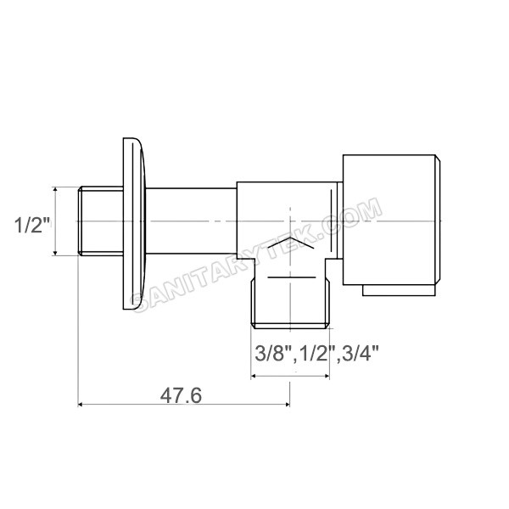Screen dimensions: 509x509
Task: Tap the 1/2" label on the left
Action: tap(33, 225)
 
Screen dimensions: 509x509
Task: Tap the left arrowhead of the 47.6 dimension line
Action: tap(81, 404)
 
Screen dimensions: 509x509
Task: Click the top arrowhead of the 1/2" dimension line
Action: tap(56, 191)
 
